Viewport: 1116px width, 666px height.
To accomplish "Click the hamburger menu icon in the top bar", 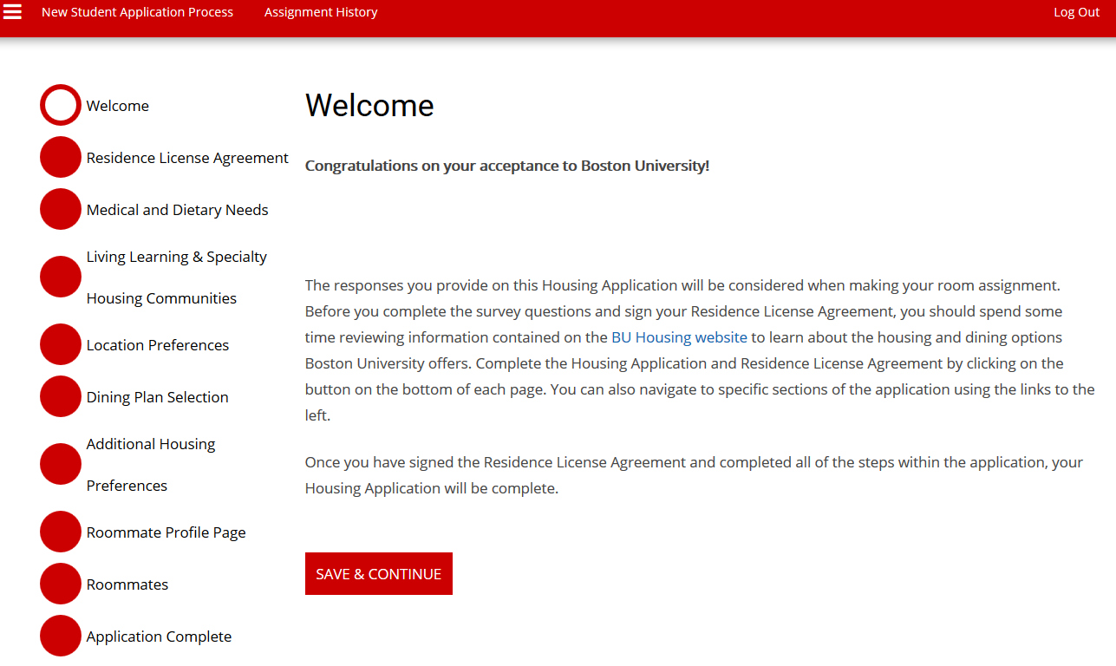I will point(13,11).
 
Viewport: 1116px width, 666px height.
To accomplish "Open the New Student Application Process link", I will point(137,12).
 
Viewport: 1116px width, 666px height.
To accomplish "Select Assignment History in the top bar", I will point(321,12).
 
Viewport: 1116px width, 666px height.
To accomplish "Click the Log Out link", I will point(1076,12).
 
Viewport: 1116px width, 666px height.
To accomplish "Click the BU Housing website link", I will point(679,337).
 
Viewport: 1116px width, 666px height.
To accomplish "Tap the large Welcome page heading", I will point(369,106).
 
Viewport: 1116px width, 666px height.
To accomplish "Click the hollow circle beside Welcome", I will point(61,105).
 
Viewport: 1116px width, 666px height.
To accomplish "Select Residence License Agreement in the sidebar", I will point(187,158).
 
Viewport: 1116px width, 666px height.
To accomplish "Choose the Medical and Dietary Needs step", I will point(177,210).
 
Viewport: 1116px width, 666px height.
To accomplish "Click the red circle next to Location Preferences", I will point(61,344).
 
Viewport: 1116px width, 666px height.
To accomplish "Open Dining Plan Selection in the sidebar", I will point(157,397).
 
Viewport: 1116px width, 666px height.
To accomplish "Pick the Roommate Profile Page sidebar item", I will point(166,532).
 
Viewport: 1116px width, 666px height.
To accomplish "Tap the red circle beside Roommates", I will point(61,584).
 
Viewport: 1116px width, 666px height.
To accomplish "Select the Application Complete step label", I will point(159,637).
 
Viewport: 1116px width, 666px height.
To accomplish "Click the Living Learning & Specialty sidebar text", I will point(176,257).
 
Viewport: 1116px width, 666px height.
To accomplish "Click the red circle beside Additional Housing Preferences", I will point(61,464).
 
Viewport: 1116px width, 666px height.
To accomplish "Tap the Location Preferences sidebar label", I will point(157,345).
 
